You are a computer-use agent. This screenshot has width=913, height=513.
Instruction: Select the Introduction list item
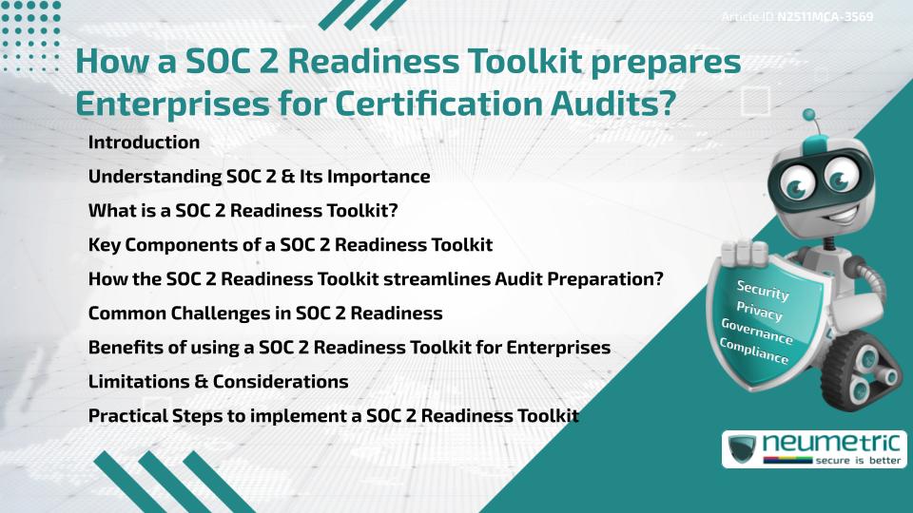coord(144,142)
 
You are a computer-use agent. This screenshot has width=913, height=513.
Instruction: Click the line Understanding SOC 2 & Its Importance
coord(259,177)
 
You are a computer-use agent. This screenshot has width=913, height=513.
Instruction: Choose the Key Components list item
coord(290,245)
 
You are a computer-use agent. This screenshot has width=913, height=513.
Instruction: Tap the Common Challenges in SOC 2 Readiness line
coord(265,313)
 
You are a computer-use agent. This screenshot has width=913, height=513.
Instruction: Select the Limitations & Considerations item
coord(218,382)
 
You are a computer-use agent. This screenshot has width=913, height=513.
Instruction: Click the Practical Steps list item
coord(333,416)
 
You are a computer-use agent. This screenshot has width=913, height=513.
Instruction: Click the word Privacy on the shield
coord(759,313)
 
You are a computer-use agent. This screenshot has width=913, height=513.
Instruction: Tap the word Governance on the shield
coord(757,332)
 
